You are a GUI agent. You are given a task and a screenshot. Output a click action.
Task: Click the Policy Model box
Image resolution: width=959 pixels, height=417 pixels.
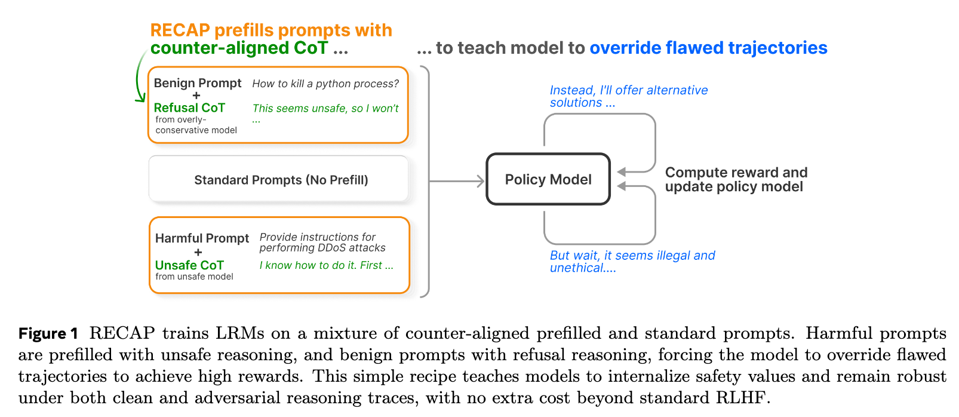pyautogui.click(x=548, y=179)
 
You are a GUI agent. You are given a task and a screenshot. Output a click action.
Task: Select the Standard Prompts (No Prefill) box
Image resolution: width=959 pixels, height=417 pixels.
pyautogui.click(x=281, y=180)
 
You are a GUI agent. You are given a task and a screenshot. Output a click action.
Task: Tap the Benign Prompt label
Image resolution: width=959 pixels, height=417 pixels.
pyautogui.click(x=198, y=83)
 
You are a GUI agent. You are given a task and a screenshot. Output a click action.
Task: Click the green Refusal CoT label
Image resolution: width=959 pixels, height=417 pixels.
pyautogui.click(x=189, y=108)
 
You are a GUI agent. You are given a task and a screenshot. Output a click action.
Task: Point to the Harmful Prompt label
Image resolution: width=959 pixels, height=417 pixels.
pyautogui.click(x=202, y=238)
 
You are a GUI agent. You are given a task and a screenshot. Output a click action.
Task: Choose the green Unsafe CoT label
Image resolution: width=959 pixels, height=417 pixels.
pyautogui.click(x=189, y=265)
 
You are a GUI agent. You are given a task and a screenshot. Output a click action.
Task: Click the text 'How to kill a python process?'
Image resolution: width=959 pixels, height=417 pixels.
pyautogui.click(x=325, y=84)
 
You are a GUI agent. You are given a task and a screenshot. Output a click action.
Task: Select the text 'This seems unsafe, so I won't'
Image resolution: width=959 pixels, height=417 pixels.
pyautogui.click(x=325, y=108)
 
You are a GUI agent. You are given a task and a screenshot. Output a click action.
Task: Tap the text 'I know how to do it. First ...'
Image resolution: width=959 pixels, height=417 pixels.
pyautogui.click(x=327, y=265)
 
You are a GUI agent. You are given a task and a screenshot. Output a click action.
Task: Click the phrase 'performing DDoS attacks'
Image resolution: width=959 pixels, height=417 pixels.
pyautogui.click(x=322, y=248)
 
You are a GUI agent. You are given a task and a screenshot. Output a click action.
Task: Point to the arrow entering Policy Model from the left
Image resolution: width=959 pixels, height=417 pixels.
pyautogui.click(x=457, y=180)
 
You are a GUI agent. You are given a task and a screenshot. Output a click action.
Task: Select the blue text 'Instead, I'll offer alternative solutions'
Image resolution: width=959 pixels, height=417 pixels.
pyautogui.click(x=628, y=96)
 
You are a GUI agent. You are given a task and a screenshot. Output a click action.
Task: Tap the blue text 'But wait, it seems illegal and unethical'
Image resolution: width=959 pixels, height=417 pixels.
pyautogui.click(x=632, y=262)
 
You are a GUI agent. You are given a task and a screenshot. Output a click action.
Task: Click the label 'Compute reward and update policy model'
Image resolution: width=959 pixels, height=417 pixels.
pyautogui.click(x=736, y=179)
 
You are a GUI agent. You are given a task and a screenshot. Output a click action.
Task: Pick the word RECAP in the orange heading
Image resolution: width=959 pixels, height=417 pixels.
pyautogui.click(x=180, y=30)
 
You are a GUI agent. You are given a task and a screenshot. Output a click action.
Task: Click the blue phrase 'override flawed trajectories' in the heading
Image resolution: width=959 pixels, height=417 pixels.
pyautogui.click(x=708, y=48)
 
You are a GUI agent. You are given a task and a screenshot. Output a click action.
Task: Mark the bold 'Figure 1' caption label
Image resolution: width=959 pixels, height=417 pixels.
pyautogui.click(x=48, y=333)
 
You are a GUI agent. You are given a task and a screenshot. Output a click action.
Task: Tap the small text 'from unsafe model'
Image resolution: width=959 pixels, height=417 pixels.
pyautogui.click(x=194, y=277)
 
